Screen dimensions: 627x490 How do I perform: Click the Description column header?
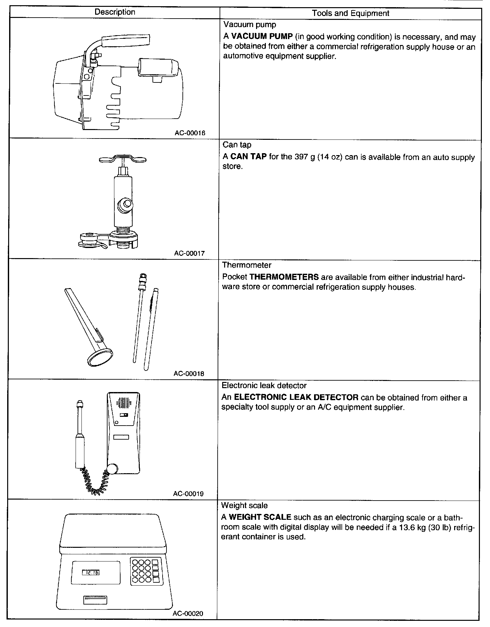coord(115,12)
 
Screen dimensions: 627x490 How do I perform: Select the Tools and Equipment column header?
coord(351,13)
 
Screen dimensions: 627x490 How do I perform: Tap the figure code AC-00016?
coord(190,133)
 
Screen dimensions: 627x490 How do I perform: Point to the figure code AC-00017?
coord(190,253)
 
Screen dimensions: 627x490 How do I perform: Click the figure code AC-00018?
coord(189,373)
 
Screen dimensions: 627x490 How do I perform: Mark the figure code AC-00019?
coord(189,494)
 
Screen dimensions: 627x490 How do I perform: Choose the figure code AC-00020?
coord(188,614)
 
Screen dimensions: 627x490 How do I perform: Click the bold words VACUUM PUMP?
coord(262,37)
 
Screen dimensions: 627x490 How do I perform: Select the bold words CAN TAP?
coord(248,157)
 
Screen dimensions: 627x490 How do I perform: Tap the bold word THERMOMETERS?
coord(284,277)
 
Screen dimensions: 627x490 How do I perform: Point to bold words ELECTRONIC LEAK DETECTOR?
coord(296,398)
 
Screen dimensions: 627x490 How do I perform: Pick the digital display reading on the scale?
coord(91,573)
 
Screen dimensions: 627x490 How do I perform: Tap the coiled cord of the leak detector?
coord(94,482)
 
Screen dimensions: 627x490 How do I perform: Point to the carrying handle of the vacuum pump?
coord(125,41)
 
